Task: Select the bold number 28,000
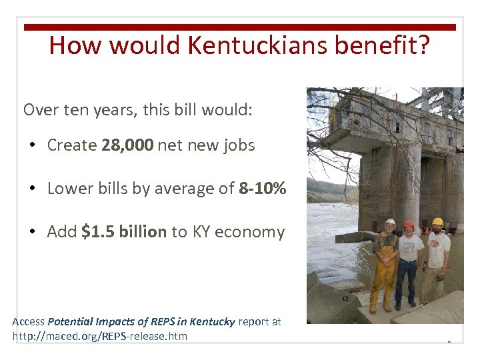[128, 145]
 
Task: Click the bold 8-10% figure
[262, 189]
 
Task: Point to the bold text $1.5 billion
[124, 232]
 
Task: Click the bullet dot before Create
[33, 146]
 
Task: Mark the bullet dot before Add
[33, 233]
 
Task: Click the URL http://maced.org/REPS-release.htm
[100, 336]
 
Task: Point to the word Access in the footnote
[28, 322]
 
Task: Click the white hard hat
[390, 222]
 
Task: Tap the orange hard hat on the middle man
[409, 225]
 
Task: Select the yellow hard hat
[437, 221]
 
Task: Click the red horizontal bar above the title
[240, 27]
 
